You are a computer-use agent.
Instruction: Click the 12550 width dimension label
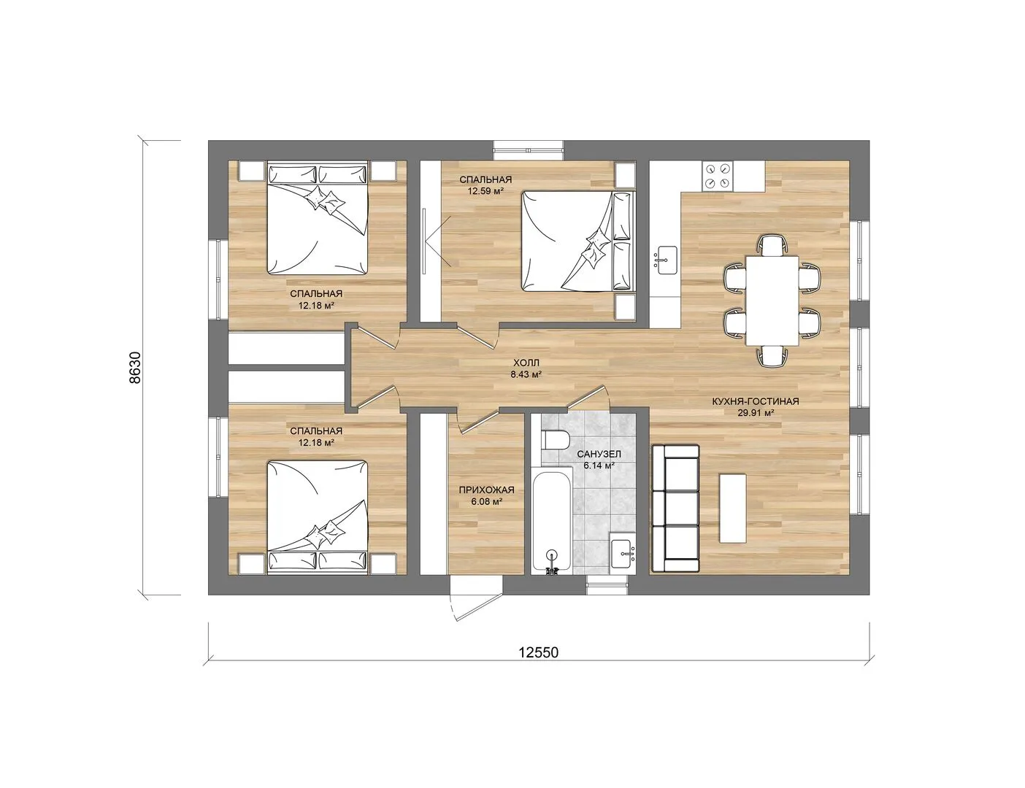click(x=539, y=653)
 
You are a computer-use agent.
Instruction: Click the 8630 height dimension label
click(x=135, y=368)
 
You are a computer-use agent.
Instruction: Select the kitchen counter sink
click(x=666, y=260)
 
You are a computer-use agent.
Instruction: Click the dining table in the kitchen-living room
click(x=772, y=300)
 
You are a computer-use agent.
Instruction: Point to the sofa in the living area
click(x=675, y=509)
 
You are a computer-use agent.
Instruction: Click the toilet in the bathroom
click(x=556, y=440)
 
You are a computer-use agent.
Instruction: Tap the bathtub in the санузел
click(x=552, y=522)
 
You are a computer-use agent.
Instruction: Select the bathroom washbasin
click(x=623, y=555)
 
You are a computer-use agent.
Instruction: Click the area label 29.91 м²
click(x=756, y=413)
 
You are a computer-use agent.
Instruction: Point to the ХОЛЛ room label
click(x=526, y=363)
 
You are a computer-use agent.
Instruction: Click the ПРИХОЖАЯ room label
click(x=487, y=490)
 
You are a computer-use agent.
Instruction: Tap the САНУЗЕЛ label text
click(x=599, y=454)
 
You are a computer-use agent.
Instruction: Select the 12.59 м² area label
click(x=485, y=191)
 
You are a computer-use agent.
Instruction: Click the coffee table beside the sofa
click(x=732, y=508)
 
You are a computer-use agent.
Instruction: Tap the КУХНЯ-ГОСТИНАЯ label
click(x=756, y=401)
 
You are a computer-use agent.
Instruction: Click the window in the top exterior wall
click(x=529, y=150)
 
